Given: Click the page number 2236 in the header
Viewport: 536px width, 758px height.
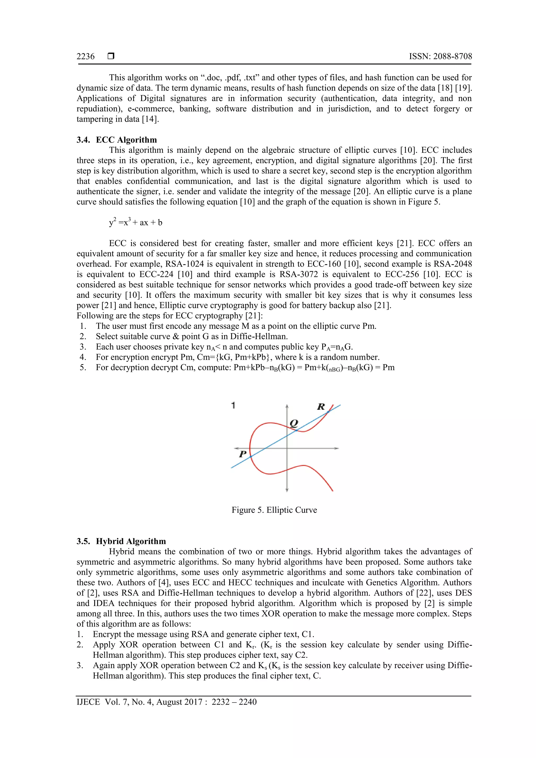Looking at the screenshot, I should [x=86, y=57].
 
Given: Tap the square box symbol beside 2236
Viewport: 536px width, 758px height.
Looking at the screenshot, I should [x=111, y=56].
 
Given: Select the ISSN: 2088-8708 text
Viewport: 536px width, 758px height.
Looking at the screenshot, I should [x=440, y=57].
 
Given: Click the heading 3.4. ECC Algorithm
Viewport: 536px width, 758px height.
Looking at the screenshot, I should [x=116, y=140].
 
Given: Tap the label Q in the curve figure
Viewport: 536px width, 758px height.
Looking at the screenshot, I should [x=294, y=423].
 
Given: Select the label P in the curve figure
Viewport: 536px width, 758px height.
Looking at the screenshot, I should [x=243, y=454].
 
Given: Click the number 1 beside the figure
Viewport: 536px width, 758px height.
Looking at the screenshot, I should [x=233, y=405].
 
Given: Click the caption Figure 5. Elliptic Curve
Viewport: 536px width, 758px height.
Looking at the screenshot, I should [x=274, y=510].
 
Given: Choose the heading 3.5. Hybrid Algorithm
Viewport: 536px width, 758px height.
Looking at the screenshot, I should [x=121, y=541].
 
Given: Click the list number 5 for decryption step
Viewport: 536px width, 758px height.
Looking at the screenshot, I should [x=83, y=367].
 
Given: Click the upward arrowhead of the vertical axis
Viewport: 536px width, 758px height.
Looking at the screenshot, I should [x=287, y=406].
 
